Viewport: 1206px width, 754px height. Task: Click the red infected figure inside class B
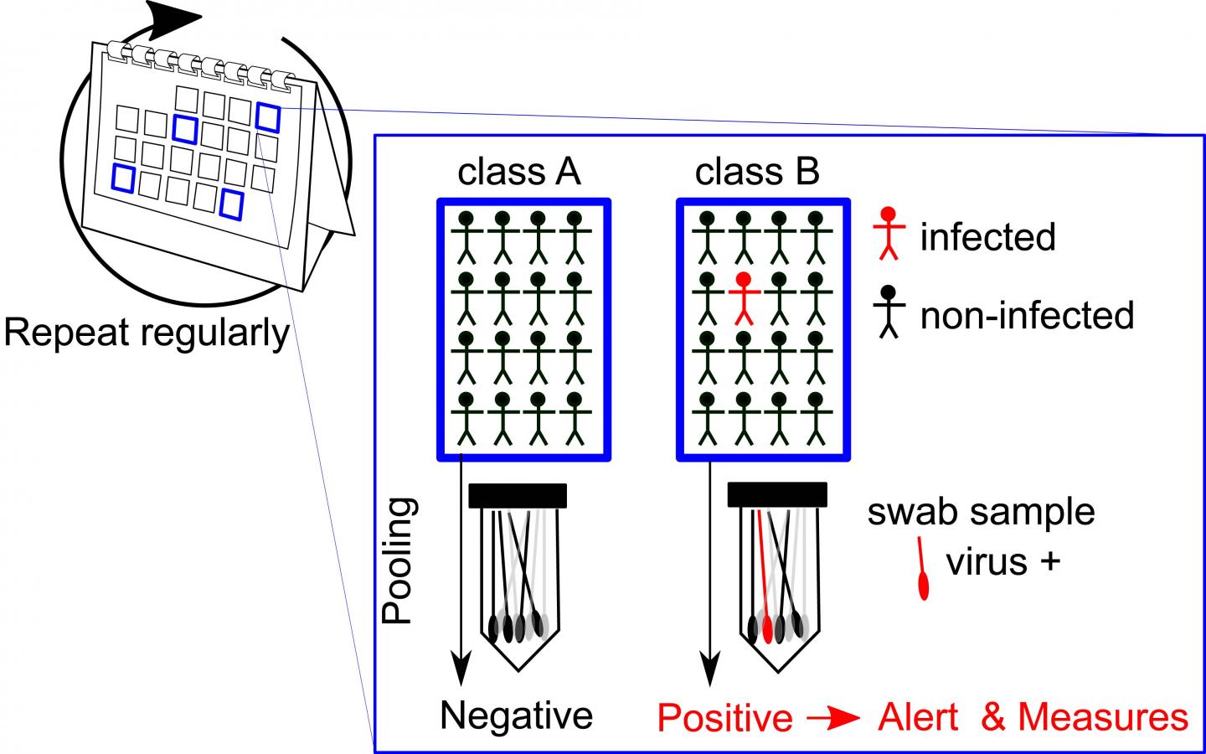[x=743, y=298]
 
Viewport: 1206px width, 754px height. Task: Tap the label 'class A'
[x=518, y=172]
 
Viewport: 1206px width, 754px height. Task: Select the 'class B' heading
[x=757, y=172]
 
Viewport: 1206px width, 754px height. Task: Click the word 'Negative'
[x=517, y=716]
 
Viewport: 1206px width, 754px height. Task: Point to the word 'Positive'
[x=724, y=719]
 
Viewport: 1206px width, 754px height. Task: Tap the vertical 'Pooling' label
[x=399, y=561]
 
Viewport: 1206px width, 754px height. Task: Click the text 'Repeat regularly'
[x=147, y=333]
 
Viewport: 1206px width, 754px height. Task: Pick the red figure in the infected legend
[x=889, y=232]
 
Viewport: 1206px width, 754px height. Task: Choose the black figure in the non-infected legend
[x=889, y=311]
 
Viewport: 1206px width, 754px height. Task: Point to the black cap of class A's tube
[x=518, y=495]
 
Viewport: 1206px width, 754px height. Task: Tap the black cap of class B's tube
[x=777, y=494]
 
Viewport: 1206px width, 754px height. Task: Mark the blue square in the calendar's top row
[x=269, y=116]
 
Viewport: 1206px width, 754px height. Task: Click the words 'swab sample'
[x=981, y=512]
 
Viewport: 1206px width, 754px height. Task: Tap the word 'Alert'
[x=919, y=718]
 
